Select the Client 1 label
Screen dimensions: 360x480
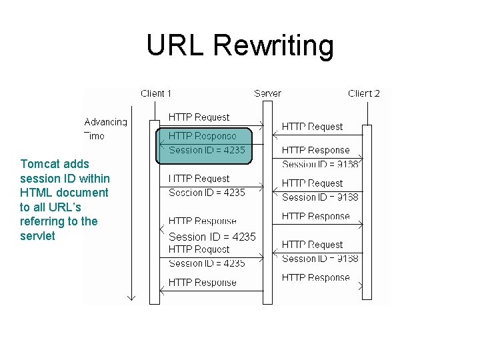tap(156, 94)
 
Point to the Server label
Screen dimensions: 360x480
tap(267, 94)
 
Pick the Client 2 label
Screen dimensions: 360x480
tap(364, 94)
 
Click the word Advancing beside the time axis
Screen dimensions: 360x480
tap(105, 122)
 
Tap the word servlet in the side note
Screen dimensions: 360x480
tap(38, 236)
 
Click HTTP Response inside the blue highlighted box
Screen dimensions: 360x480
tap(202, 136)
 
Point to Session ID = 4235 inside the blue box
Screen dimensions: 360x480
tap(207, 150)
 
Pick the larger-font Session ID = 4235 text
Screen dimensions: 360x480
tap(212, 237)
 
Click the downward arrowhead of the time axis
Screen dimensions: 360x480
tap(131, 297)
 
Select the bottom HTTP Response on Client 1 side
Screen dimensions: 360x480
tap(202, 283)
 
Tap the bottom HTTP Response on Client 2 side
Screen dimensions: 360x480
tap(315, 277)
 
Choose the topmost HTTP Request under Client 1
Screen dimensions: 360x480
tap(199, 117)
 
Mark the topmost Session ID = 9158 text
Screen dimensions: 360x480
tap(320, 164)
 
